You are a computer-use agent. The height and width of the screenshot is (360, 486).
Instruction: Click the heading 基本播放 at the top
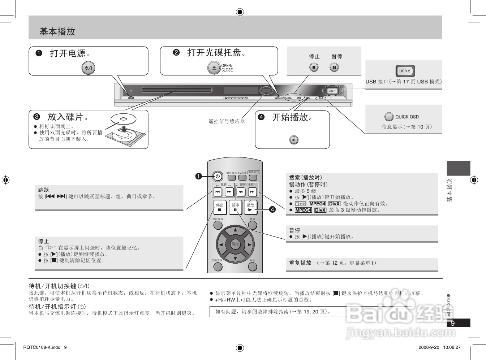click(57, 32)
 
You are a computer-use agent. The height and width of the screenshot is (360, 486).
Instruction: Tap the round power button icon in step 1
click(88, 68)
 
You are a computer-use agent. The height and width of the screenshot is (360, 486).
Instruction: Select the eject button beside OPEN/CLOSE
click(214, 68)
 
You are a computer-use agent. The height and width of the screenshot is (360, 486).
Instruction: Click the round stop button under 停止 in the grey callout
click(314, 67)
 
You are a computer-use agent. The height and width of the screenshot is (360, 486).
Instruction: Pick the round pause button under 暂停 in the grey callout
click(334, 67)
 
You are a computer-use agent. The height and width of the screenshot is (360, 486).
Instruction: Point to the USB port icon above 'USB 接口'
click(405, 71)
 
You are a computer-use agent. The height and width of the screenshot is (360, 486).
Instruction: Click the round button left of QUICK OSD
click(389, 117)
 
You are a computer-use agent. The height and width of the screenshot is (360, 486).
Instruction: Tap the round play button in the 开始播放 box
click(294, 139)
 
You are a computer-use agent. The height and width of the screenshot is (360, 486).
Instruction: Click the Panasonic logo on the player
click(236, 98)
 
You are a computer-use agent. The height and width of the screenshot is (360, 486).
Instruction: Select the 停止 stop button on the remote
click(220, 207)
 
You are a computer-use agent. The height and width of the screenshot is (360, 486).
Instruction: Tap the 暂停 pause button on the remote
click(235, 207)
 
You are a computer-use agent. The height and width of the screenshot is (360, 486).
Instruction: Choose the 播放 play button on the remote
click(250, 207)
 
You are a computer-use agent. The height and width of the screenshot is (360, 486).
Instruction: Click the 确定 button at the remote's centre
click(235, 244)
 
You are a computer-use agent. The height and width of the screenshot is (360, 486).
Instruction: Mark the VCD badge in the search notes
click(300, 204)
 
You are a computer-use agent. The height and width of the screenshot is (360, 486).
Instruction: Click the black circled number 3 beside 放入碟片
click(37, 117)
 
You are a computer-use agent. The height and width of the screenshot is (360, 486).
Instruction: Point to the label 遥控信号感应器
click(227, 121)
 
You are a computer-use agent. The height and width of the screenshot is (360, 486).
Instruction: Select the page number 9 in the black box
click(453, 323)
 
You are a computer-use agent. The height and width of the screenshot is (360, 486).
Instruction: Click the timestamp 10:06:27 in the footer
click(452, 347)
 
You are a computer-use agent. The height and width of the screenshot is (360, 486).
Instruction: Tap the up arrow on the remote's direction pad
click(235, 230)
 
